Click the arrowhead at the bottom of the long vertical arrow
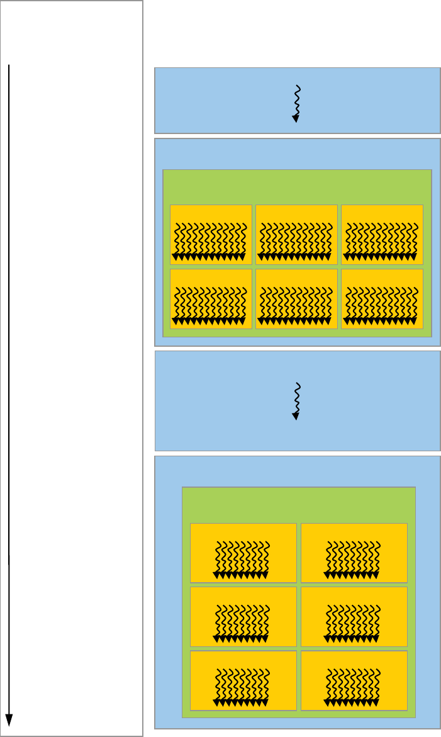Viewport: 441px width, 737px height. point(9,719)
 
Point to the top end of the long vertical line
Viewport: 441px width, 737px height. point(9,65)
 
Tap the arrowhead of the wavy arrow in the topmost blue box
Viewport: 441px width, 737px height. point(296,118)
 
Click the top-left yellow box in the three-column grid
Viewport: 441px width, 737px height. point(211,234)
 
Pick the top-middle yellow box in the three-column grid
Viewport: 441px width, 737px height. point(296,234)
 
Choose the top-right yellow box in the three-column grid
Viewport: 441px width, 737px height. point(382,234)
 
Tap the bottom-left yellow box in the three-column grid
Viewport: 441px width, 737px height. point(211,299)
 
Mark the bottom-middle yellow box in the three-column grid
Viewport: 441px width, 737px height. point(296,299)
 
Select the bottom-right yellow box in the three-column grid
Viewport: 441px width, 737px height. point(382,299)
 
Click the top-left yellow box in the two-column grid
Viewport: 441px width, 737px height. point(243,553)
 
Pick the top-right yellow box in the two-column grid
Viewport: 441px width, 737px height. point(354,553)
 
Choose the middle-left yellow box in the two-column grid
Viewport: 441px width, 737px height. point(243,617)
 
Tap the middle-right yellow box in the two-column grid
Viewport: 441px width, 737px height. point(354,617)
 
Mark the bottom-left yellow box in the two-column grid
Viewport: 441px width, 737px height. point(243,680)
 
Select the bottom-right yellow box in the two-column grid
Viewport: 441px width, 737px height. point(354,680)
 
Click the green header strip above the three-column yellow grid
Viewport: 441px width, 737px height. point(297,186)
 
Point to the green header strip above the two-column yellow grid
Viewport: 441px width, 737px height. point(298,504)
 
